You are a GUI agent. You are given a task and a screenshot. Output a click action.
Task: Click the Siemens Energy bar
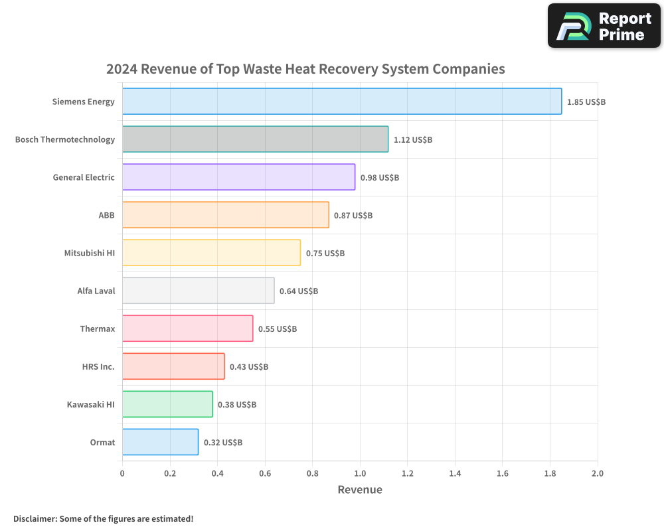point(342,102)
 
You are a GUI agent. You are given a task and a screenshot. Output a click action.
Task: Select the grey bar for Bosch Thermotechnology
point(255,139)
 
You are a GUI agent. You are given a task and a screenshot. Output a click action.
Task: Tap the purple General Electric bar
point(238,177)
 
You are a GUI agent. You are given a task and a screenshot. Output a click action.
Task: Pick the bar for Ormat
point(160,442)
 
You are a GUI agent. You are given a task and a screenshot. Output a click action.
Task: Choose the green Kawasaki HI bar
point(167,404)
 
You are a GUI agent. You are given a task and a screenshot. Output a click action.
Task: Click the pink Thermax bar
point(187,329)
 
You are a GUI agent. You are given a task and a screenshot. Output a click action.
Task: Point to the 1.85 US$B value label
point(586,102)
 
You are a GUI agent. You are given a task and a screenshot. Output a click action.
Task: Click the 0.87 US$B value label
point(353,216)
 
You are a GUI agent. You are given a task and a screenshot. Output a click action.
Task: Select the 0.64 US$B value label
point(298,291)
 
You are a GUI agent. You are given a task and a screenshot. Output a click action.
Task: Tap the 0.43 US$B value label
point(248,367)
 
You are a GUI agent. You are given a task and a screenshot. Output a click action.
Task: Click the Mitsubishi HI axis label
point(89,253)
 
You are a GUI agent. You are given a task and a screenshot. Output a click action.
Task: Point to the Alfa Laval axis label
point(96,291)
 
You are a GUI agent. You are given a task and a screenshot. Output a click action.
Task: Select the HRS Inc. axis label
point(98,366)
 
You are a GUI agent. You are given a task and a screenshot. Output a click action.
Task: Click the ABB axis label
point(106,215)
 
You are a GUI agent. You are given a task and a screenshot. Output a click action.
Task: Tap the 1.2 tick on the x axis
point(407,474)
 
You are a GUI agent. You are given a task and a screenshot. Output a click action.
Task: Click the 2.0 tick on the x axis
point(597,474)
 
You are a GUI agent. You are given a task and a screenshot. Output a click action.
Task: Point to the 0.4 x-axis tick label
point(217,474)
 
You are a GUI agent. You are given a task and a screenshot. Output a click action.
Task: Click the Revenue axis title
point(360,490)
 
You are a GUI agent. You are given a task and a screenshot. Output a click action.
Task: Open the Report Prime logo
point(604,26)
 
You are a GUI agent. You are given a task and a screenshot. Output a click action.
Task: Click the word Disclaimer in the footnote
point(35,518)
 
